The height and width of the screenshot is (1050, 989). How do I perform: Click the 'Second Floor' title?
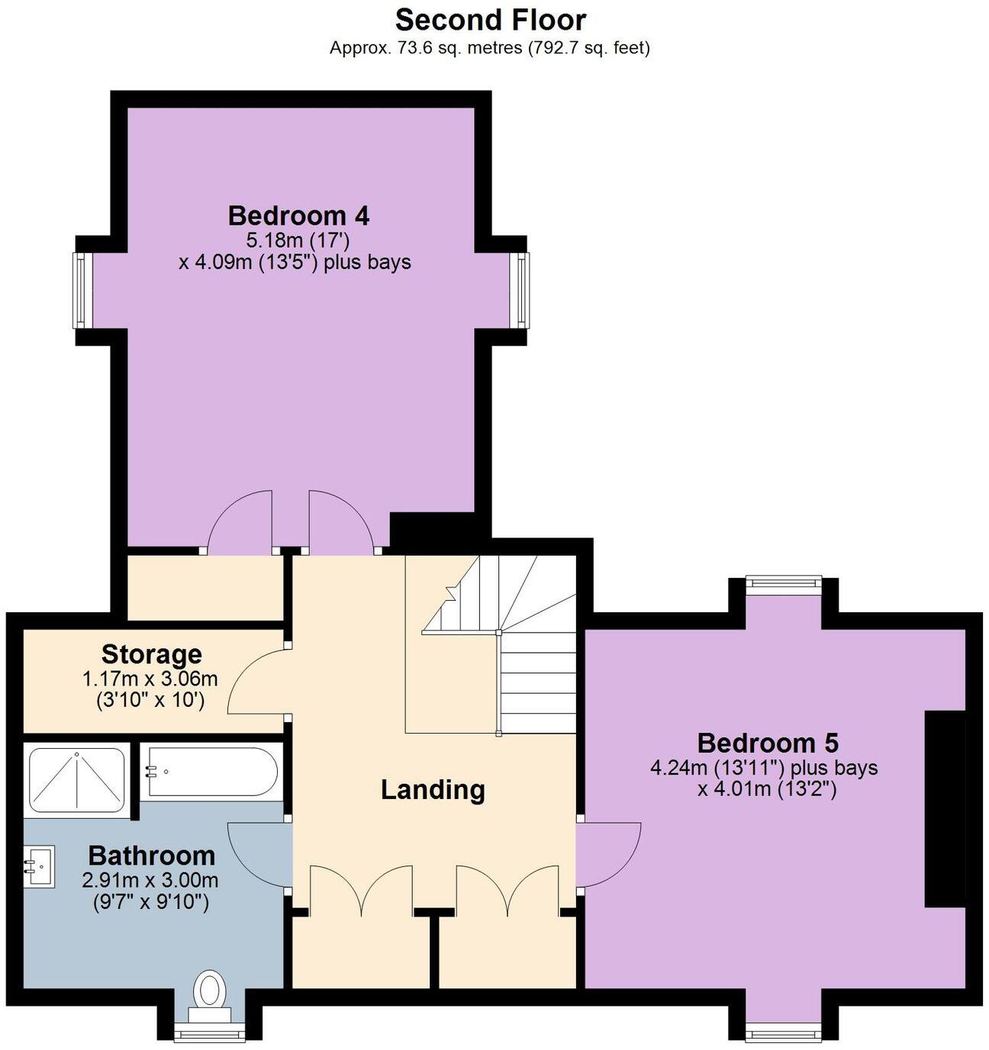click(x=491, y=19)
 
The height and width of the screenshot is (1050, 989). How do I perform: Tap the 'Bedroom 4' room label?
click(x=298, y=216)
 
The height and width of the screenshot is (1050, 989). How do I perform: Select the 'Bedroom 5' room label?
click(x=767, y=742)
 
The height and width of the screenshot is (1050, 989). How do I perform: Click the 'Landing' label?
click(x=433, y=789)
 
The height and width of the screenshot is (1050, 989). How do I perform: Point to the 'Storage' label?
click(x=152, y=653)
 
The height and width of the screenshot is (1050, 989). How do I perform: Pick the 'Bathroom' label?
click(x=151, y=855)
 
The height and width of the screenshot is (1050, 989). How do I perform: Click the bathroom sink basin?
click(x=38, y=866)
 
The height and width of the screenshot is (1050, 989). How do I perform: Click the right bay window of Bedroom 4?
click(x=522, y=291)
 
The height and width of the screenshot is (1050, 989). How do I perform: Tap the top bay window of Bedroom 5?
click(x=783, y=583)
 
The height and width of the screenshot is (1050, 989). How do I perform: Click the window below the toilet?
click(x=208, y=1034)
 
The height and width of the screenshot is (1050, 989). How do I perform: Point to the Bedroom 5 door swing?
click(x=608, y=854)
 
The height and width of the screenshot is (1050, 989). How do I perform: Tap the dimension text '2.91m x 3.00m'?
click(x=150, y=881)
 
